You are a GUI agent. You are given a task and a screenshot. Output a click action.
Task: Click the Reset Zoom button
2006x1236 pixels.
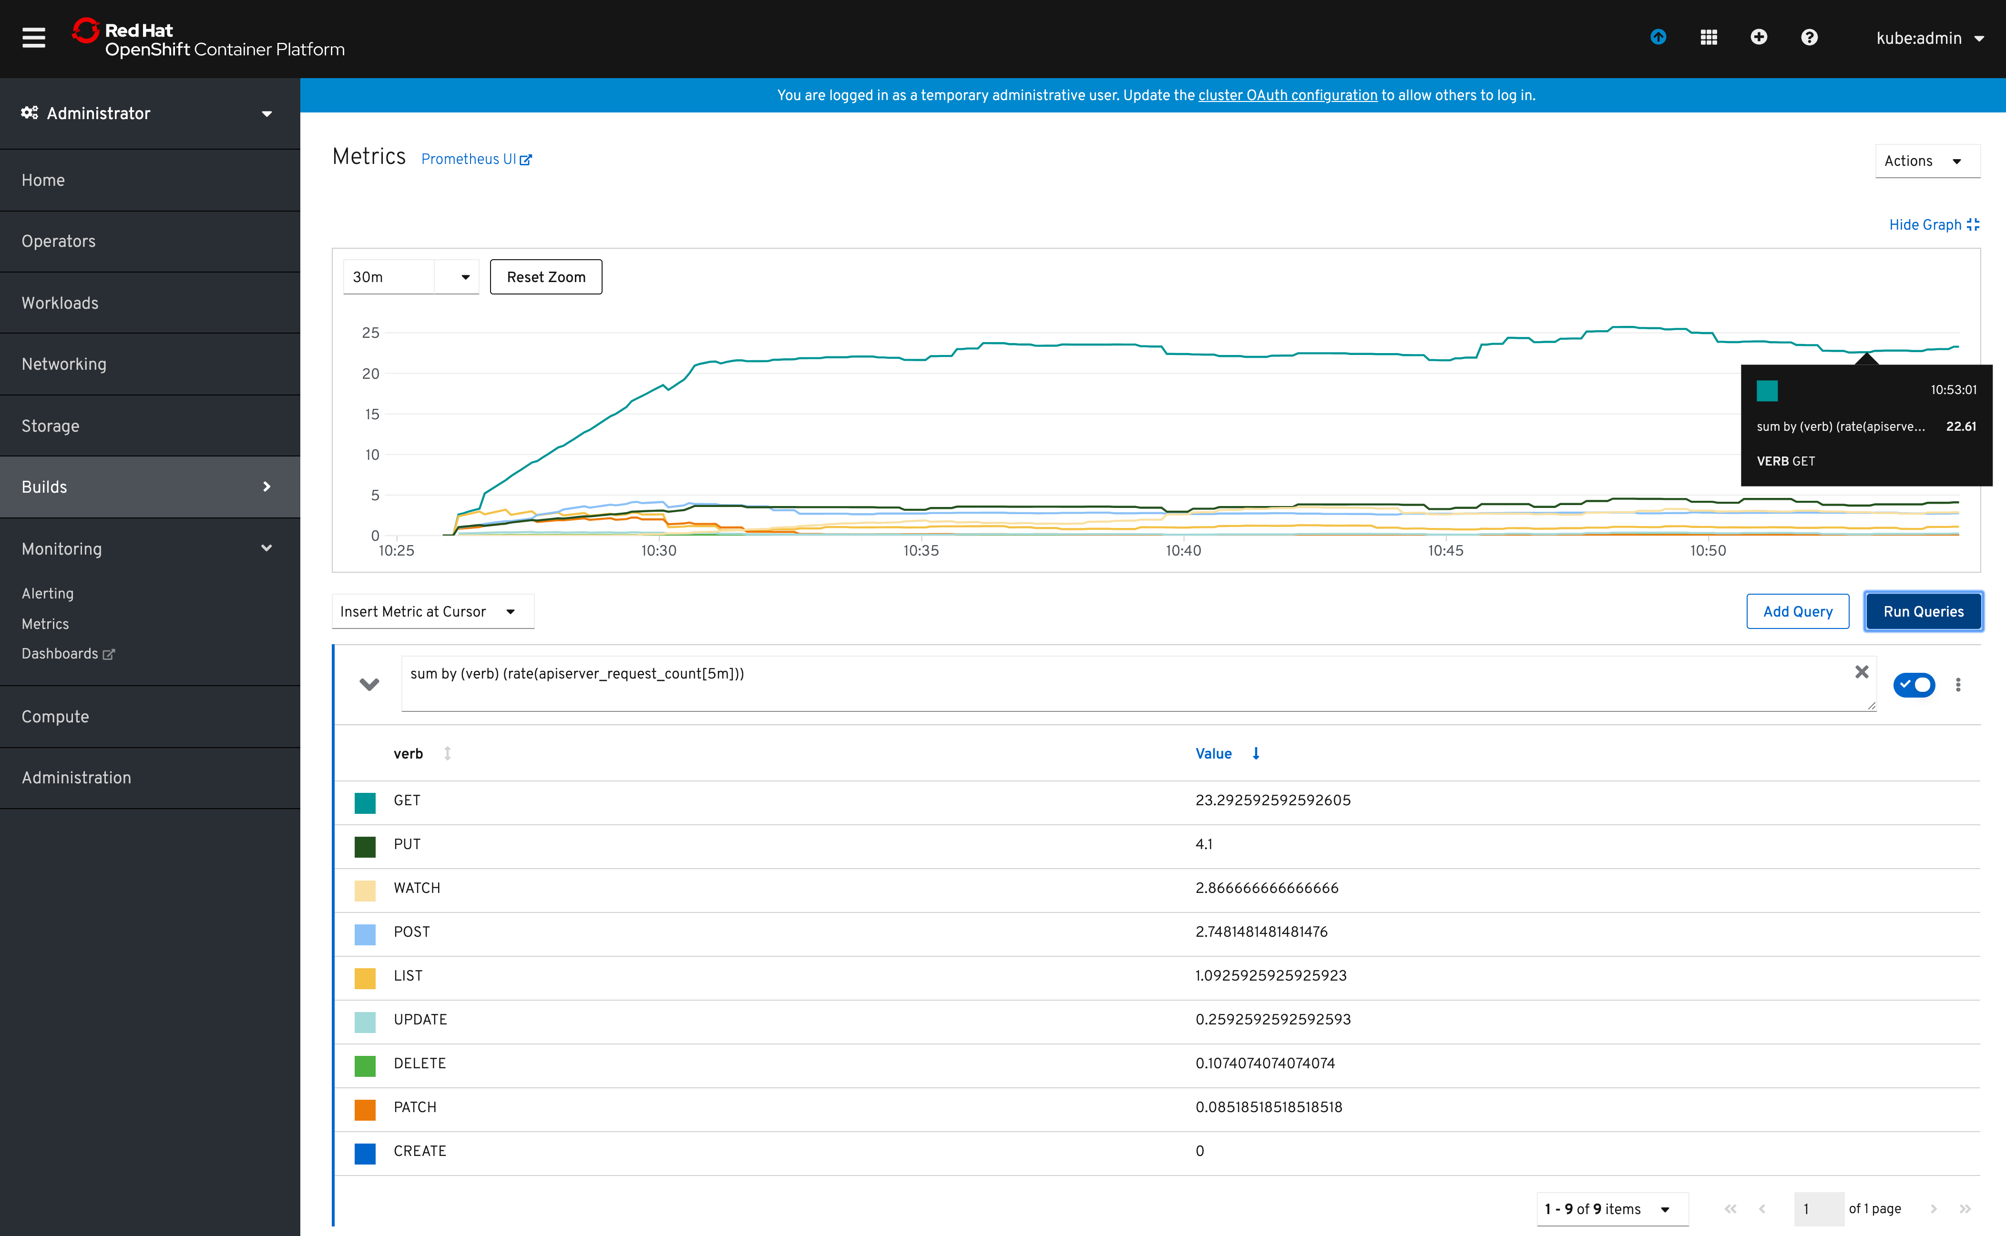(545, 277)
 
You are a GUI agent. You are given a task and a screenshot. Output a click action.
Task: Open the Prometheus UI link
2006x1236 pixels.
(476, 160)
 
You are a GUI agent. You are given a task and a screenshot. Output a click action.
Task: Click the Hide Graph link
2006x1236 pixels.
(1933, 225)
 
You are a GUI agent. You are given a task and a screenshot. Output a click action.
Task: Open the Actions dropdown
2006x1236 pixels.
(1926, 161)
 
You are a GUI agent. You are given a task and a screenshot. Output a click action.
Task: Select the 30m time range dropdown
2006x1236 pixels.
(410, 277)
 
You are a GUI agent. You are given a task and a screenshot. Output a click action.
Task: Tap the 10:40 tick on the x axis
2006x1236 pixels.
(1183, 551)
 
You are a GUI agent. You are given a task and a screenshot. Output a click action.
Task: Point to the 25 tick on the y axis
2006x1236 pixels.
(370, 333)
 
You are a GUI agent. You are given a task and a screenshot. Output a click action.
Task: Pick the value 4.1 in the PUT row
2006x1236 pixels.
(1204, 844)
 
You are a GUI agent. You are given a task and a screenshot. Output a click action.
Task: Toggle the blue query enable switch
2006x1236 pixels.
(1914, 684)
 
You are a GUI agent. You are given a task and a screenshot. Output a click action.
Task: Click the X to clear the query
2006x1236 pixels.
(1861, 672)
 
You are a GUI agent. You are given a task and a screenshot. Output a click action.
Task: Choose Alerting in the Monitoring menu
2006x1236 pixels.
(47, 594)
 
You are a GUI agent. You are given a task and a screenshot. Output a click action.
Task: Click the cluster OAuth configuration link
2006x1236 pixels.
(1287, 96)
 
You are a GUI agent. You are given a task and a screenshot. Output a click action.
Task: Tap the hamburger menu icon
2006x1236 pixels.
(33, 38)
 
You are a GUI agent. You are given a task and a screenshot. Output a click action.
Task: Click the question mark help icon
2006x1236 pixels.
(1809, 38)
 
